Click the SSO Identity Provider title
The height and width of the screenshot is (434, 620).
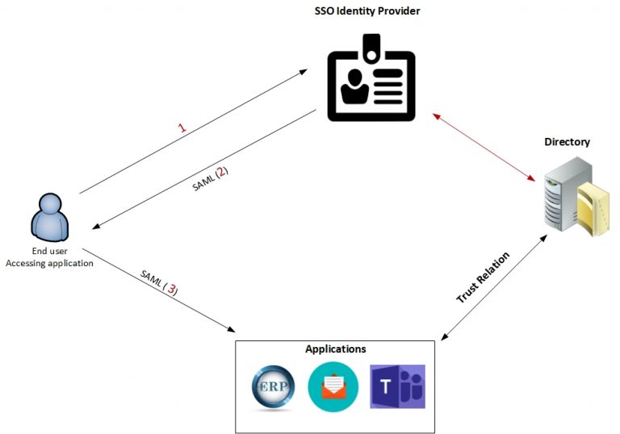[x=367, y=10]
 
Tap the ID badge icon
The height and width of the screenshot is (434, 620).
[x=371, y=81]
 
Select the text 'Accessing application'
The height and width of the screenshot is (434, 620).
[x=49, y=263]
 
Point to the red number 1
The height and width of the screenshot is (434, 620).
[x=182, y=127]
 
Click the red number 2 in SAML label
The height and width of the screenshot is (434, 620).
[x=221, y=172]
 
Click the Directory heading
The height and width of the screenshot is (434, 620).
[x=567, y=142]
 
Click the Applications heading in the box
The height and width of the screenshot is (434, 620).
[x=335, y=349]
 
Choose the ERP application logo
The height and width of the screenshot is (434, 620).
[x=273, y=387]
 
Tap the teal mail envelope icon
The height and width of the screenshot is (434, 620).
[x=333, y=387]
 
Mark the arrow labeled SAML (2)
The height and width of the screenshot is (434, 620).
[x=202, y=167]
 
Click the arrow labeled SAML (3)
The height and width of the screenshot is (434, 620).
[x=157, y=290]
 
